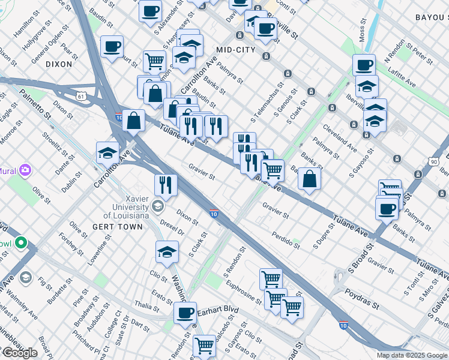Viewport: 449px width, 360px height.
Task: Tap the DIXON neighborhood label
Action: coord(59,64)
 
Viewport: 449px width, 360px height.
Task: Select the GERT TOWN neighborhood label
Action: coord(118,227)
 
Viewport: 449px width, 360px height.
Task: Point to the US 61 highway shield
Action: coord(82,95)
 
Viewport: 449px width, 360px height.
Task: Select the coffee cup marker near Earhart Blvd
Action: coord(185,313)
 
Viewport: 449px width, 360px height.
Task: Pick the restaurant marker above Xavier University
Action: coord(164,185)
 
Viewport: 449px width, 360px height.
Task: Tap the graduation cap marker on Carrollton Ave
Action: coord(107,154)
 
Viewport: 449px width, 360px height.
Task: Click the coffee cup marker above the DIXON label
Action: coord(111,47)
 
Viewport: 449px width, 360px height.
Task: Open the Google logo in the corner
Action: coord(19,352)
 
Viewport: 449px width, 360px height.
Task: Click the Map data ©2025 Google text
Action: coord(412,355)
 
